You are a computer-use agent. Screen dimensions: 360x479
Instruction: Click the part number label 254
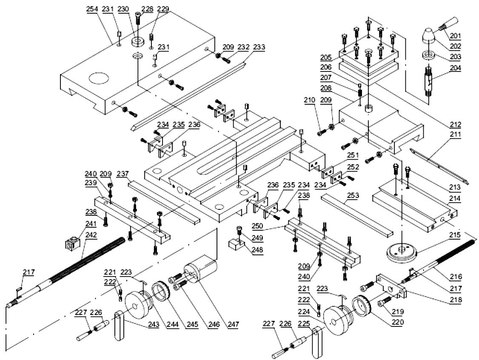coord(91,9)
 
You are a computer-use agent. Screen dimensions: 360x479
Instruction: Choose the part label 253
coord(353,196)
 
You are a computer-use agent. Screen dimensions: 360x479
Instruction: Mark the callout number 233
coord(259,47)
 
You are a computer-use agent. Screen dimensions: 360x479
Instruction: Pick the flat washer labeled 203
coord(429,55)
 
